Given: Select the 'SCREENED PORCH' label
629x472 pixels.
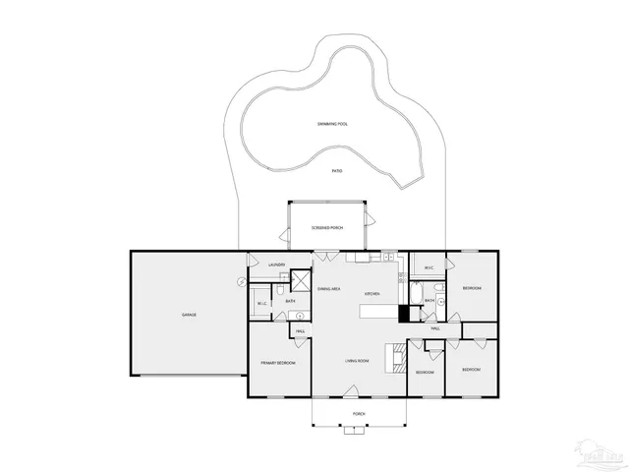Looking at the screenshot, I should pos(326,227).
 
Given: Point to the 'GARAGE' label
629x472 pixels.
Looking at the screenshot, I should pos(188,315).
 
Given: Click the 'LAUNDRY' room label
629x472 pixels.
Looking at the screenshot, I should pos(277,265).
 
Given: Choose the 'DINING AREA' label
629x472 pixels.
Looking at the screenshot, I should pos(329,289).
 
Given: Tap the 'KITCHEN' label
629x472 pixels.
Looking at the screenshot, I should pos(372,294).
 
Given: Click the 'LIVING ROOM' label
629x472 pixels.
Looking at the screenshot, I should pos(356,361).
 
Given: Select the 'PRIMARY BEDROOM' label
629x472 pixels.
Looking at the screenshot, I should pos(277,364).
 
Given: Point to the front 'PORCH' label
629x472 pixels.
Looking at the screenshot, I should pos(359,414).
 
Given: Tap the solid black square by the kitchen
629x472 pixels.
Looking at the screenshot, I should pos(403,314).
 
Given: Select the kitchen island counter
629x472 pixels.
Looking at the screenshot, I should pos(378,311).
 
